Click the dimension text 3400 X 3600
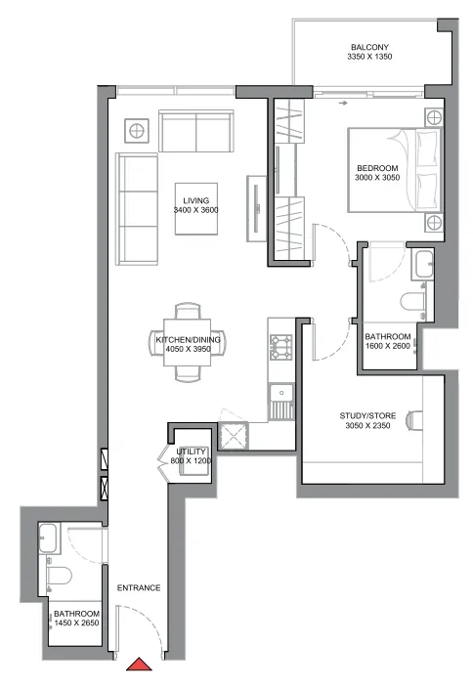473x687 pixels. click(195, 210)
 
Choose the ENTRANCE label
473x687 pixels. click(138, 587)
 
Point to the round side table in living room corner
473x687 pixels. click(136, 130)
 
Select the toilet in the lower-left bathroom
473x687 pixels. click(57, 576)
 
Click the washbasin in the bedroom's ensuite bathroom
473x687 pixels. click(424, 264)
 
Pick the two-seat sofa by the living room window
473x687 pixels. click(196, 131)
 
